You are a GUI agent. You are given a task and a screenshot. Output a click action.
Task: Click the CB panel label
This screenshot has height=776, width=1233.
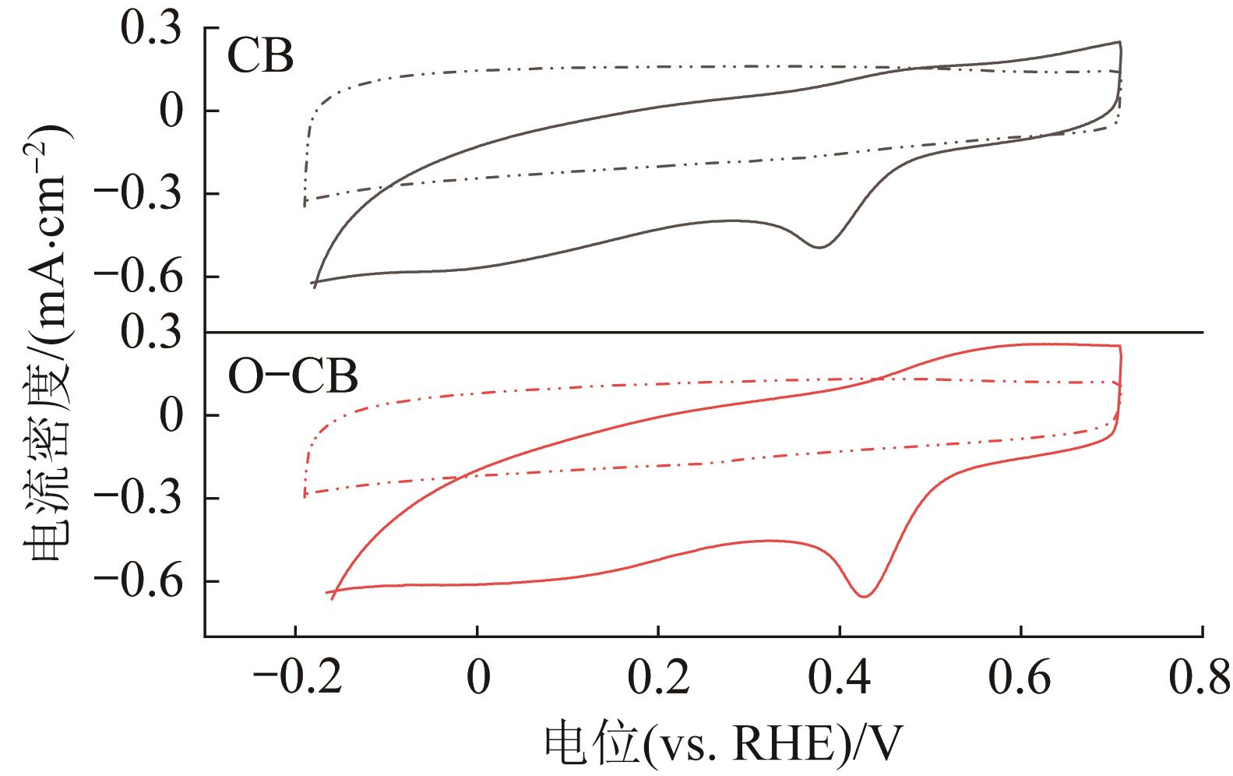(260, 57)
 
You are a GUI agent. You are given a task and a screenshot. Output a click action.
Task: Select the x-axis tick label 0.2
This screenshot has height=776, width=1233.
(658, 680)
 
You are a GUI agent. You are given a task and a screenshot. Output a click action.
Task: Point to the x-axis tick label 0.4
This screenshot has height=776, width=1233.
(840, 680)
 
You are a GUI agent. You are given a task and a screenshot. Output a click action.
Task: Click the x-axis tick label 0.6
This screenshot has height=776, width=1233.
(1021, 680)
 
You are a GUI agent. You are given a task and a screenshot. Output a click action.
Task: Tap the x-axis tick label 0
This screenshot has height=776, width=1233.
(477, 680)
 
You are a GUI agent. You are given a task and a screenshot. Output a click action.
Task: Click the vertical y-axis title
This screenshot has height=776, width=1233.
(48, 343)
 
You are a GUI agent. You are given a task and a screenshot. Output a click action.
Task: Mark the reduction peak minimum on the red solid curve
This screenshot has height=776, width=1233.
(864, 597)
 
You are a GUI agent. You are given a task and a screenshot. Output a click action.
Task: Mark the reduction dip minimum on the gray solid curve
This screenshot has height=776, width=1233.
(820, 247)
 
